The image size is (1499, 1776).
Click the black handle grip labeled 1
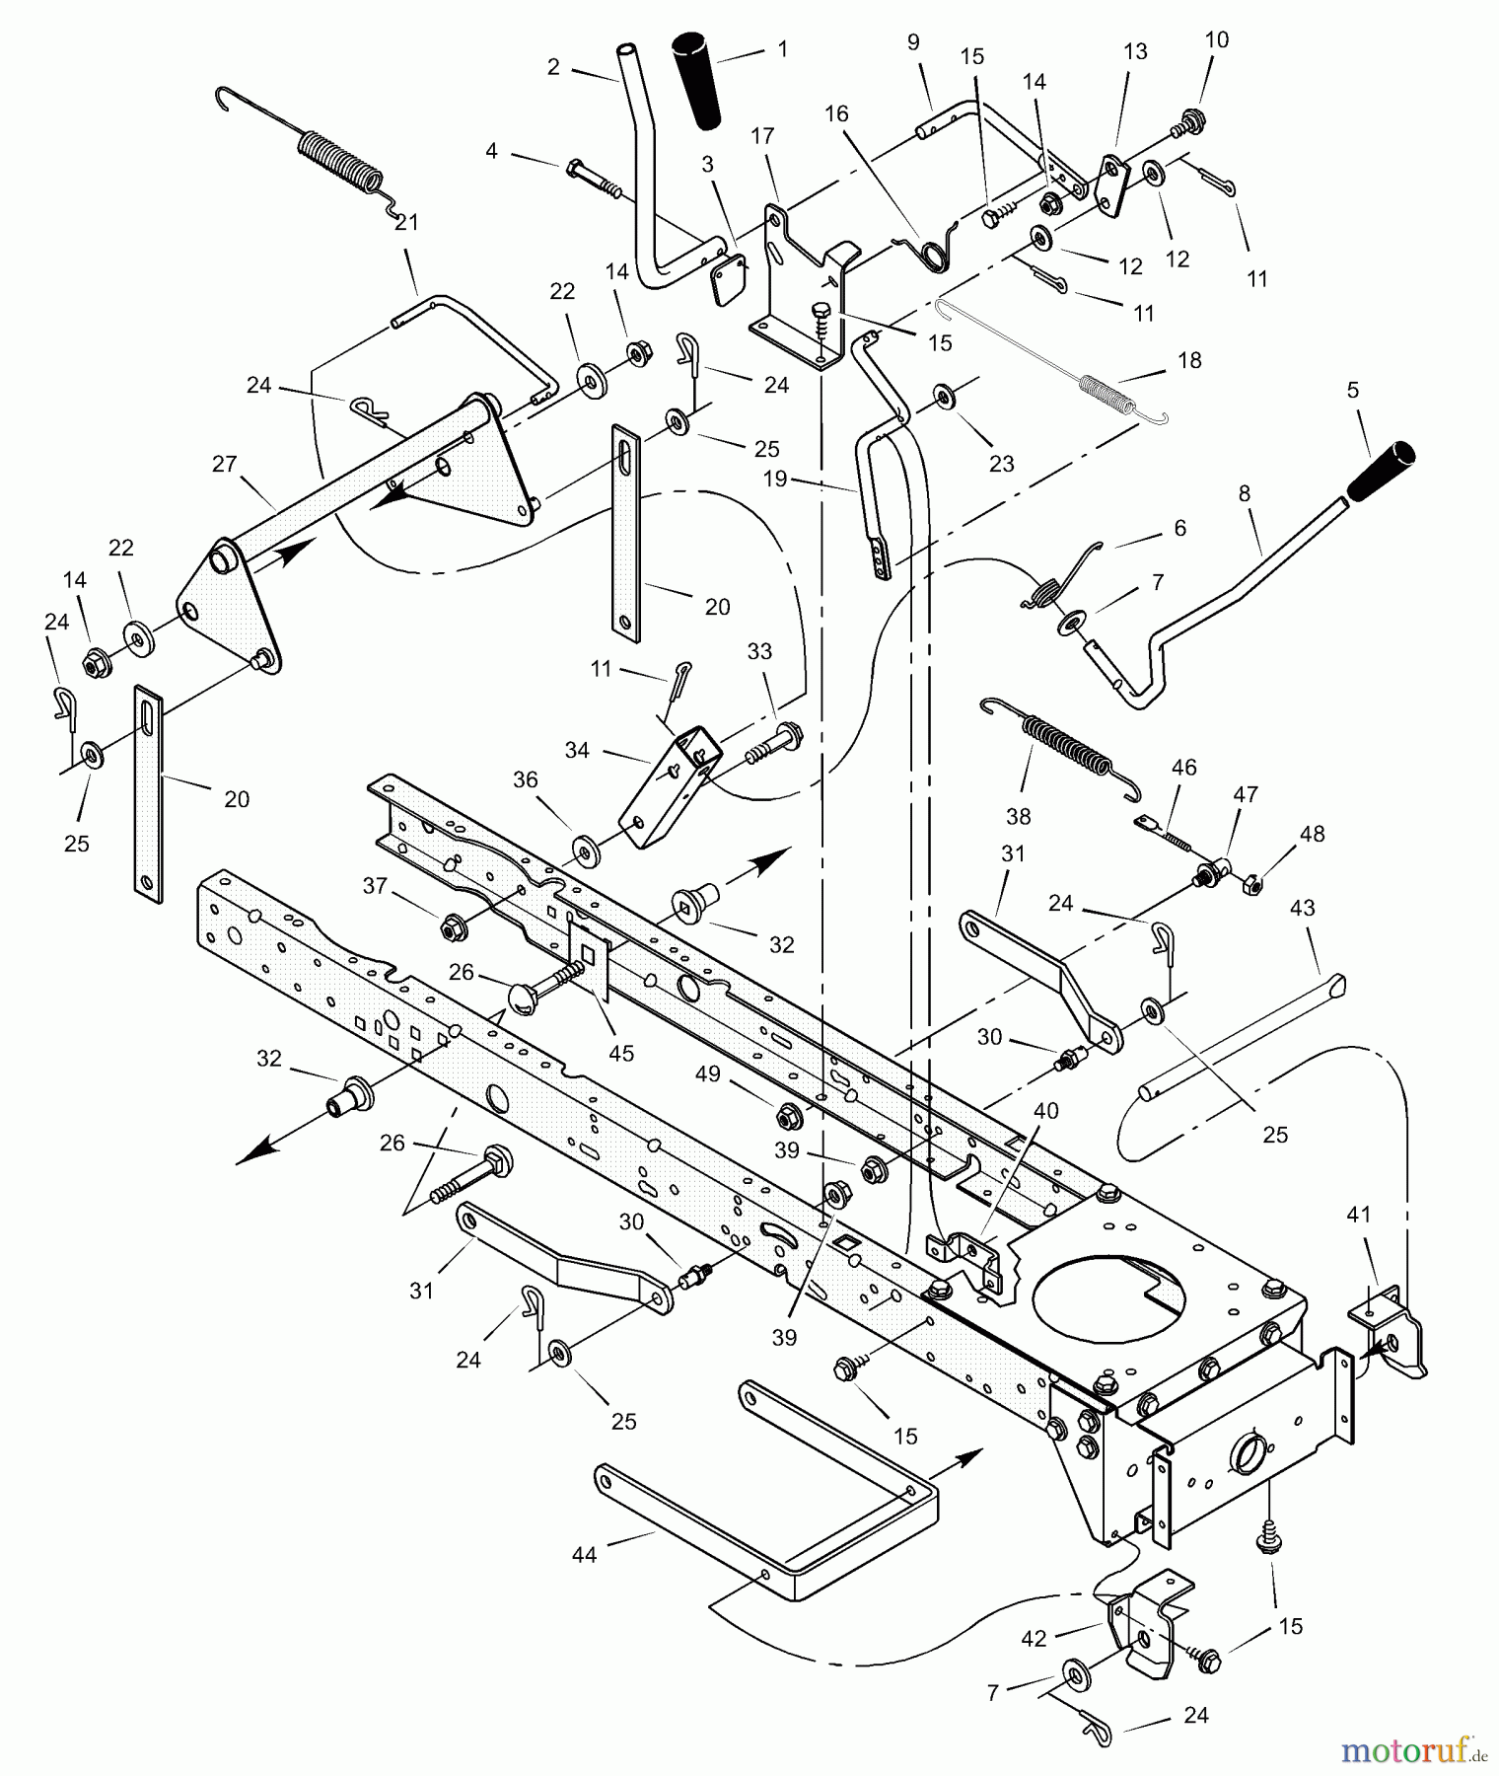click(x=699, y=80)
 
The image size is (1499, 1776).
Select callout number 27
click(x=225, y=463)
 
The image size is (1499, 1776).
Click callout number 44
click(x=584, y=1555)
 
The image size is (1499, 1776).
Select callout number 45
click(x=620, y=1053)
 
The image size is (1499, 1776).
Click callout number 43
click(x=1303, y=907)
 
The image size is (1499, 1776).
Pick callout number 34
click(x=577, y=751)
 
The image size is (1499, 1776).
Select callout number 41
click(x=1359, y=1215)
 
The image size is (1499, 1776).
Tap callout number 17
click(x=762, y=135)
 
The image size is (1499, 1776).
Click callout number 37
click(x=374, y=886)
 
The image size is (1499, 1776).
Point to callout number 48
click(x=1312, y=834)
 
